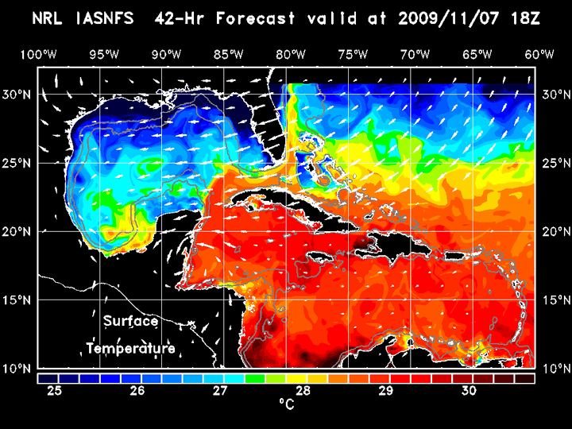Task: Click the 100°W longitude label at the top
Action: (x=38, y=54)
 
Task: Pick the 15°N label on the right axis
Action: (x=555, y=300)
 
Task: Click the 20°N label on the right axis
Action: (x=555, y=231)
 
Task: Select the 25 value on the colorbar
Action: (x=56, y=391)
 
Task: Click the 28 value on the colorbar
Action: (x=303, y=391)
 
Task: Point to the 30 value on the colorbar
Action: (x=469, y=391)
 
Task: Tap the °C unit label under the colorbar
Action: (x=286, y=406)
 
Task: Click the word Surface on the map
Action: (x=130, y=322)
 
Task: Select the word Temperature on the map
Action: (x=130, y=349)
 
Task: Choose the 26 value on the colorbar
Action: (x=137, y=391)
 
